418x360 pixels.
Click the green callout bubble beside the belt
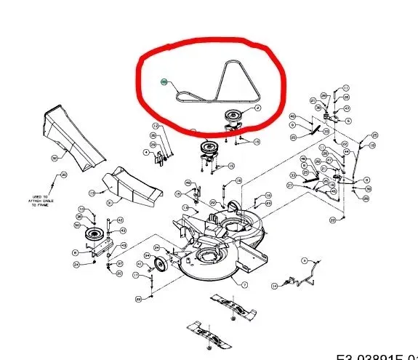[x=164, y=82]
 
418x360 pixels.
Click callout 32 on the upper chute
[x=54, y=157]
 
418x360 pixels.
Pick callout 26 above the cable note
[x=63, y=175]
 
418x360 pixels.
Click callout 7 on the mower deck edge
[x=244, y=284]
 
